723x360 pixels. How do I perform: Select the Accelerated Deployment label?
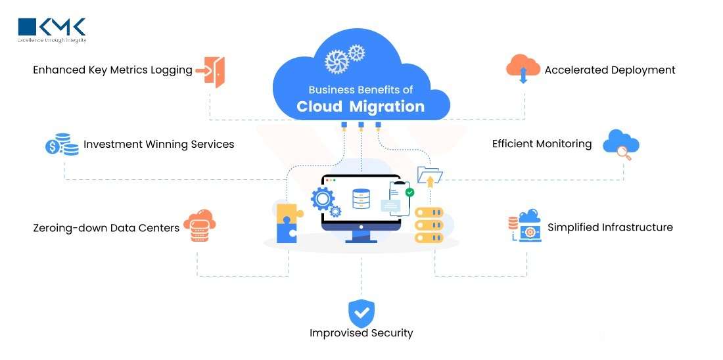click(609, 70)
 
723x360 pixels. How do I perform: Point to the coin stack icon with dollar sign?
click(62, 144)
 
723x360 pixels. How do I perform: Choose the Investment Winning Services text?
click(158, 145)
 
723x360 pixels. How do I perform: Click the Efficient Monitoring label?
click(542, 144)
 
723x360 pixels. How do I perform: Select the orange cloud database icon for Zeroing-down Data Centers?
click(199, 225)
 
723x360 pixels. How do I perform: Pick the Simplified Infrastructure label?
click(610, 227)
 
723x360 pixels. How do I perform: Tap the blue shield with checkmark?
click(361, 313)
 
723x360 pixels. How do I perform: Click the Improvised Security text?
click(361, 333)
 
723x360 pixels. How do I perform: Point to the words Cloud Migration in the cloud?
click(360, 106)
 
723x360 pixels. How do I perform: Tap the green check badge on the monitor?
click(409, 192)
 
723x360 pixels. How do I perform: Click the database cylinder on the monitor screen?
click(361, 198)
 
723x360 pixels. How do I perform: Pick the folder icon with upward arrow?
click(430, 175)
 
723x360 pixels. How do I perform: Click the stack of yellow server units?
click(429, 225)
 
